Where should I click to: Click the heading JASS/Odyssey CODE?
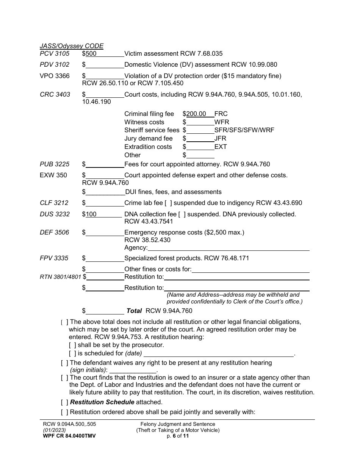tap(72, 46)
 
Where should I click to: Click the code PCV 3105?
tap(55, 54)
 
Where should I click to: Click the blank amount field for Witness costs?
tap(200, 122)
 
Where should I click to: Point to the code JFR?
tap(220, 139)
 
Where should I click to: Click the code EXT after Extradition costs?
tap(221, 147)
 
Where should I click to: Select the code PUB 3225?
tap(55, 164)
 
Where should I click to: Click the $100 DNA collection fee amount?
tap(91, 214)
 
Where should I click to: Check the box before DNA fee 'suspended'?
tap(182, 214)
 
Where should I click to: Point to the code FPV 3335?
tap(54, 258)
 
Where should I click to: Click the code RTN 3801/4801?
tap(60, 277)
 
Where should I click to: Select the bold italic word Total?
tap(134, 311)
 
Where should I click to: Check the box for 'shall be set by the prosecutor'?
tap(72, 345)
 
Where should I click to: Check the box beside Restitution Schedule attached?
tap(64, 402)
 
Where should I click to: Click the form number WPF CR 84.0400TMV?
tap(69, 436)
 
